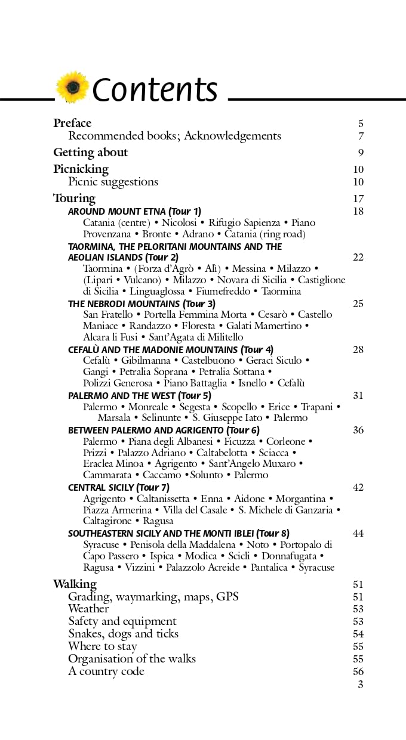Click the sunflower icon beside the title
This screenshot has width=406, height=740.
[x=72, y=88]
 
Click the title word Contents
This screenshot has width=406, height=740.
[x=155, y=89]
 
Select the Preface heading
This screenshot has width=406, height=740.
[x=72, y=123]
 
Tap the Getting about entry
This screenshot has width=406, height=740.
[x=90, y=152]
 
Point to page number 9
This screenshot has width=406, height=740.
[x=361, y=153]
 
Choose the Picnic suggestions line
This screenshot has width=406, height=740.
[x=113, y=182]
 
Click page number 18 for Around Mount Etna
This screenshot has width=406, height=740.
[x=358, y=211]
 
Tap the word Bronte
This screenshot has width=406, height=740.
[x=156, y=234]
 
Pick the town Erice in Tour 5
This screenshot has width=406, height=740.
[x=279, y=407]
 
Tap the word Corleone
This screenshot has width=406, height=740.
[x=285, y=442]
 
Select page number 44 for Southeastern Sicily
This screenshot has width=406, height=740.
[x=358, y=534]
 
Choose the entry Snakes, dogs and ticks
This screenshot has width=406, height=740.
[x=123, y=634]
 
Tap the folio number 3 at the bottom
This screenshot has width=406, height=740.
[x=360, y=685]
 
